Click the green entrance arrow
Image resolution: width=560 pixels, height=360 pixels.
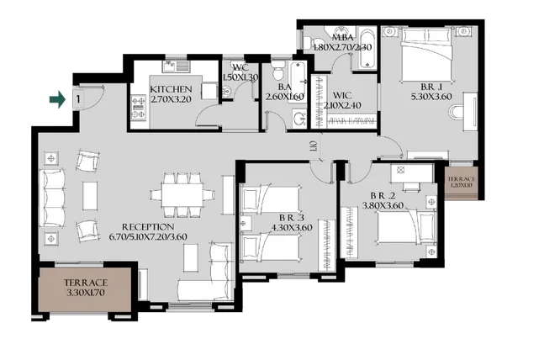[57, 100]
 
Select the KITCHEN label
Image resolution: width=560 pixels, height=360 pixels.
[172, 89]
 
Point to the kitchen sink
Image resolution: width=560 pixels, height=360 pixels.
[177, 65]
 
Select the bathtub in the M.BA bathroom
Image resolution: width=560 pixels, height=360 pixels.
[365, 38]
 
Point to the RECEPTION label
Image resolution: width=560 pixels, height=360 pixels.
[148, 227]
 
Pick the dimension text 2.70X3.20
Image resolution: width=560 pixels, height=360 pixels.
[172, 99]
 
